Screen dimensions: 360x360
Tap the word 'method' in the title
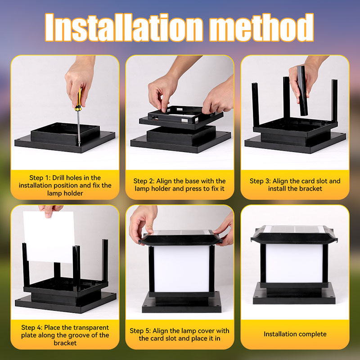[x=262, y=27]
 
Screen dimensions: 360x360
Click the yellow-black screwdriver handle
[x=78, y=99]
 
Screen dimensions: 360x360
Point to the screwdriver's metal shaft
[x=79, y=128]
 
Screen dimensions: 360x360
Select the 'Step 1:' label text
[x=40, y=178]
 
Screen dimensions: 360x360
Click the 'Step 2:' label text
[x=144, y=181]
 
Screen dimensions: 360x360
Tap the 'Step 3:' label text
[x=260, y=181]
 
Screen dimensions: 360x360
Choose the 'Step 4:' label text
[x=31, y=328]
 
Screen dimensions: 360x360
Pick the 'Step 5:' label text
[x=140, y=331]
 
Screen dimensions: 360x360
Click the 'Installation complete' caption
[x=295, y=334]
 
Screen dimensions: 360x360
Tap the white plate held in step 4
[x=49, y=237]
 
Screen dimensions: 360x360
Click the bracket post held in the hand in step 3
[x=302, y=91]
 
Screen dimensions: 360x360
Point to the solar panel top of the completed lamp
[x=294, y=229]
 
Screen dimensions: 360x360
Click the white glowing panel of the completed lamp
[x=294, y=263]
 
